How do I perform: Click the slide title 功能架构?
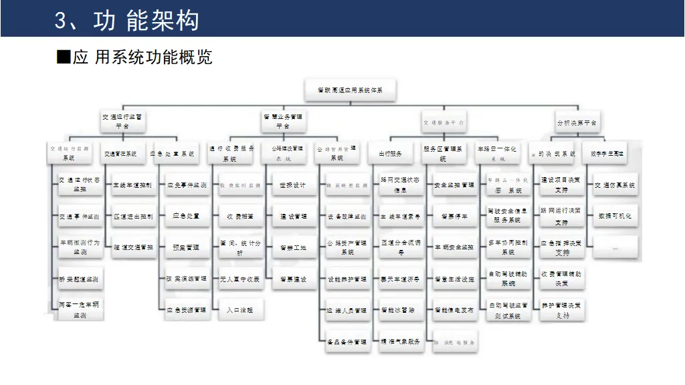127,20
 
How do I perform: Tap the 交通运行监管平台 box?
122,121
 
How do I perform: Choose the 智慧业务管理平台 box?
282,121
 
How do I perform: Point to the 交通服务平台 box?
444,123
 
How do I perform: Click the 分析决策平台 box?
577,123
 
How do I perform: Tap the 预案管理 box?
185,247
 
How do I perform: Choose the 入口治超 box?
239,310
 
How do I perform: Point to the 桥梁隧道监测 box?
79,279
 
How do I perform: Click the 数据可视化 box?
614,217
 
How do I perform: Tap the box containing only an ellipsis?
614,247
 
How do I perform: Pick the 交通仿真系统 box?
614,185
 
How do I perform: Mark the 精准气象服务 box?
400,342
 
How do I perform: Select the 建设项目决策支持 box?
561,185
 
